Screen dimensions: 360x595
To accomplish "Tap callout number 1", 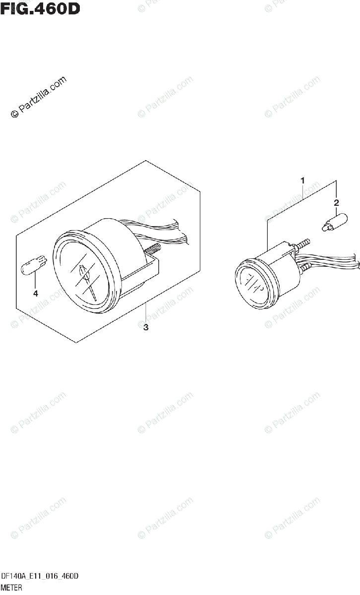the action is (x=302, y=181).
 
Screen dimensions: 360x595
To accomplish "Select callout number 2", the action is (x=336, y=202).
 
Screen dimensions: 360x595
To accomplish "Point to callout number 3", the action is (x=146, y=327).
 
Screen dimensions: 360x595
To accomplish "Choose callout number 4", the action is (x=36, y=293).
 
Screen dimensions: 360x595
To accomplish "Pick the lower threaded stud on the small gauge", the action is (x=303, y=268).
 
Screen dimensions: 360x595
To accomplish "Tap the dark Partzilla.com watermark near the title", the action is (x=39, y=97).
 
